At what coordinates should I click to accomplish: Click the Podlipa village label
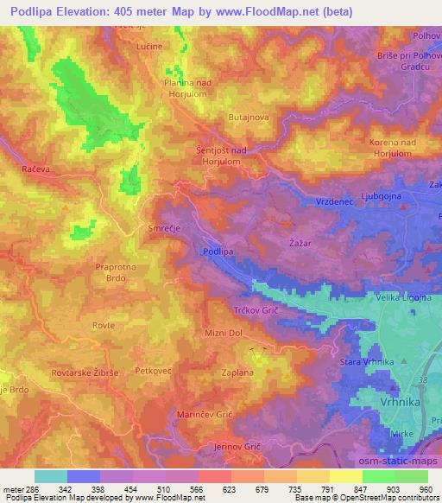point(218,251)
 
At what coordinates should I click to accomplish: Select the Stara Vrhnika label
point(367,361)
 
